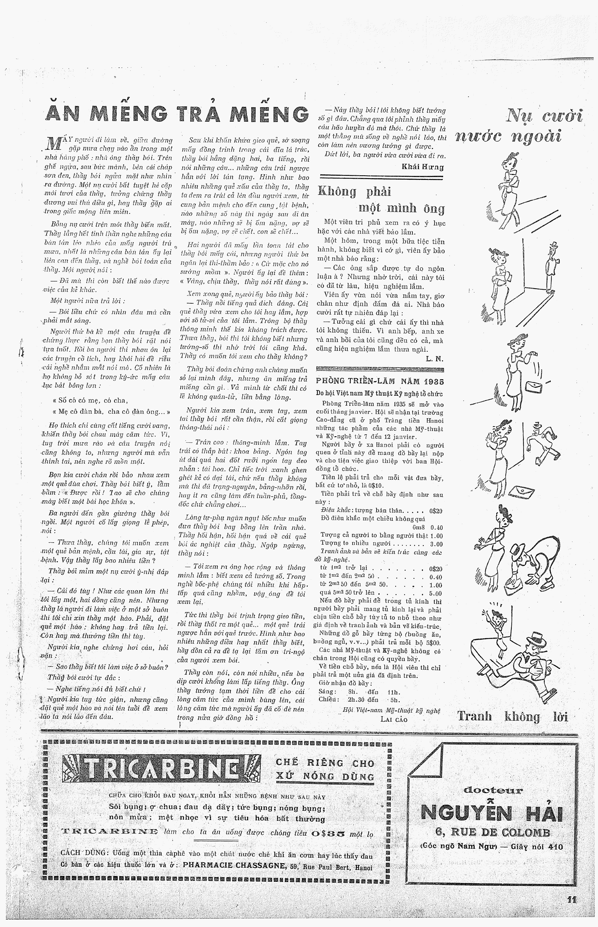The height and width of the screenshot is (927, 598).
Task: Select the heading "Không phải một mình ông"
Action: click(x=381, y=200)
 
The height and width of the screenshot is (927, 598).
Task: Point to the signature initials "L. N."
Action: click(x=434, y=359)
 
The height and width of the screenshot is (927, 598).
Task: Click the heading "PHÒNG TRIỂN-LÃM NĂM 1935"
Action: click(x=380, y=382)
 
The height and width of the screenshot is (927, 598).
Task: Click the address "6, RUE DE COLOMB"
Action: click(x=492, y=833)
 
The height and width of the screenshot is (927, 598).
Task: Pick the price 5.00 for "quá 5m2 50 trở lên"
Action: click(x=435, y=593)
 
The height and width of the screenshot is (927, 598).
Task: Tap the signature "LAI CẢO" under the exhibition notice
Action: click(x=394, y=720)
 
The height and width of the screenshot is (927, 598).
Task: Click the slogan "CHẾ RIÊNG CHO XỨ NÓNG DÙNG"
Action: click(x=325, y=770)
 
